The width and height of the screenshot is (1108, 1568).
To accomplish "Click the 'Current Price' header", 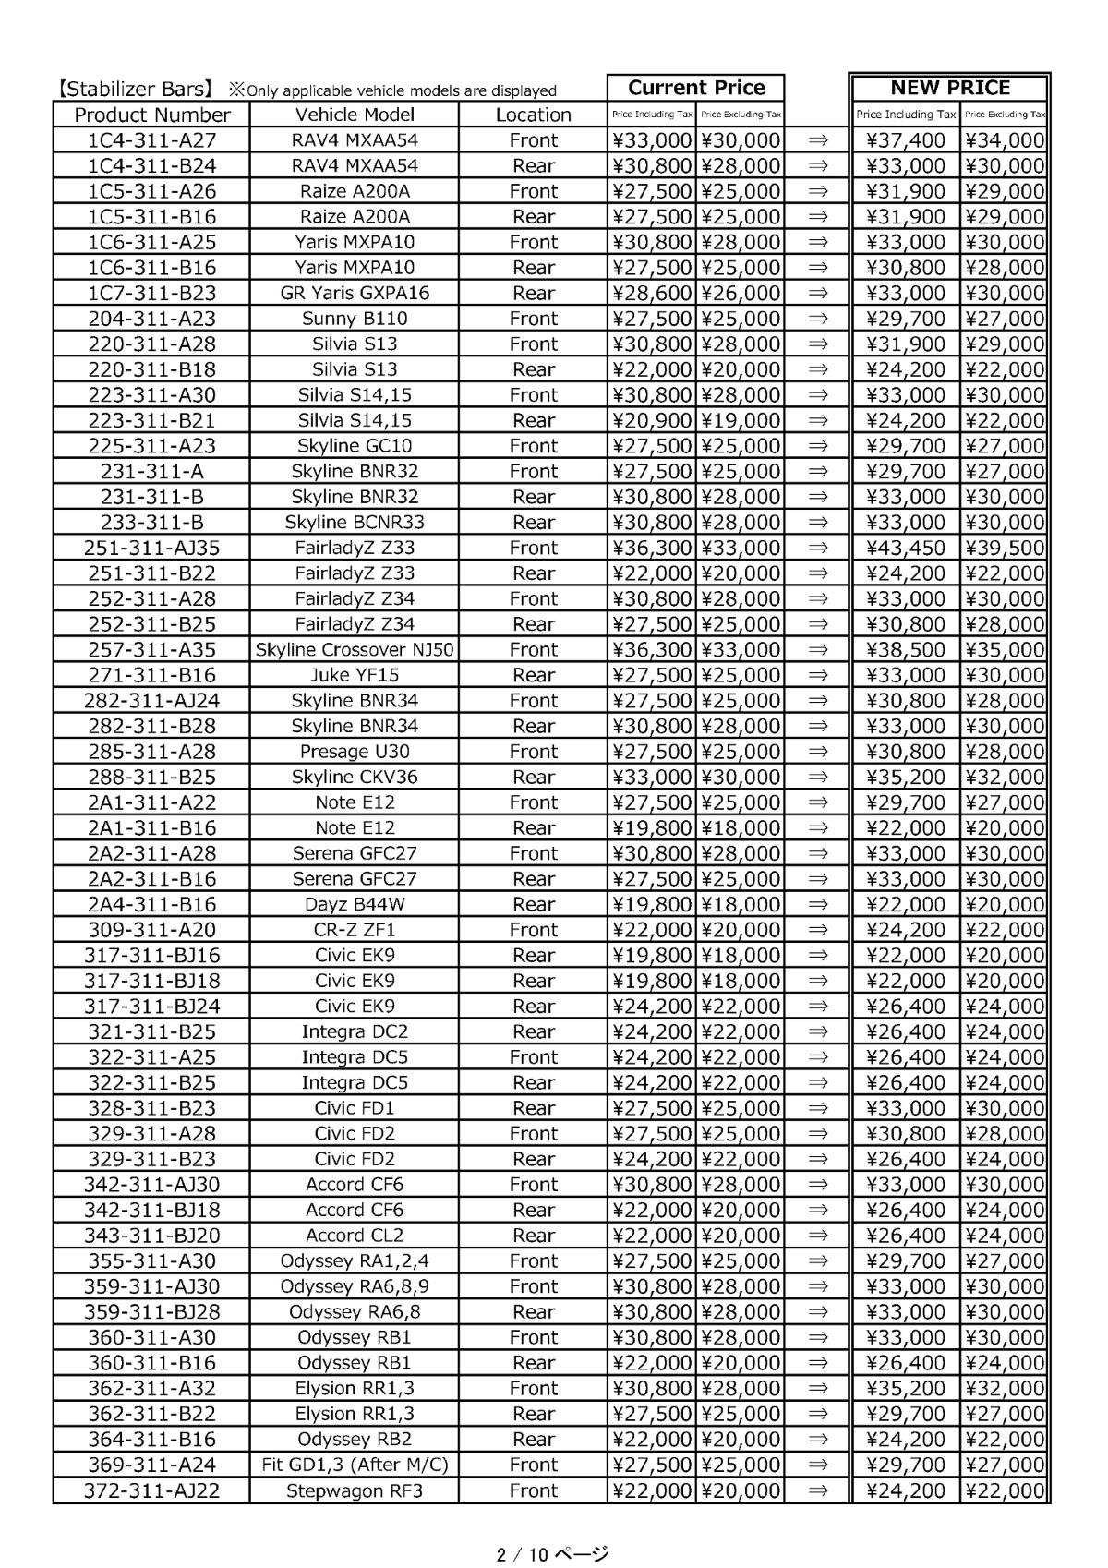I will (696, 88).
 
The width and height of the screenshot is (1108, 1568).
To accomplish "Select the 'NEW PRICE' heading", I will (949, 88).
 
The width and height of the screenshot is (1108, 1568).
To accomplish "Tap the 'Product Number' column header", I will (151, 115).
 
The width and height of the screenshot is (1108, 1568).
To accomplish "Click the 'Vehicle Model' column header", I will (355, 115).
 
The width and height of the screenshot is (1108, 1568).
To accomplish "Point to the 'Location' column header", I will (533, 115).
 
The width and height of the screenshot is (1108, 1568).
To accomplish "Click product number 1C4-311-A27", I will (151, 140).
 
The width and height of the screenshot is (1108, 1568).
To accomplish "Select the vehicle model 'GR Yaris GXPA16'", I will (355, 293).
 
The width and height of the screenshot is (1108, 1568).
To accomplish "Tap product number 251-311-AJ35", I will (151, 548).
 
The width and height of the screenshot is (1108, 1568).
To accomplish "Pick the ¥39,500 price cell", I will (1005, 548).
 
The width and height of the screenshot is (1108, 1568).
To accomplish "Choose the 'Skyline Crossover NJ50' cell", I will (355, 649).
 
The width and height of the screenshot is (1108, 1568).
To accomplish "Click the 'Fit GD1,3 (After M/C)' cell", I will (355, 1465).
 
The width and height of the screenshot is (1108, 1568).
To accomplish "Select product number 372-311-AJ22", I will (151, 1490).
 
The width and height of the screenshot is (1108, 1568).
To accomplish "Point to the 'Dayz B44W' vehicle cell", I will (355, 904).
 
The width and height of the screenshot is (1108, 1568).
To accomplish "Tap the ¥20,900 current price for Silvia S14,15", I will (652, 420).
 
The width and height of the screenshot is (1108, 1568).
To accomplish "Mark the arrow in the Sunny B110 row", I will (817, 319).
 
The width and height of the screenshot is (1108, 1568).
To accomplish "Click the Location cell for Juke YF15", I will (533, 675).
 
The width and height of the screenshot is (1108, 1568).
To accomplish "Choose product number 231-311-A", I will (151, 471).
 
